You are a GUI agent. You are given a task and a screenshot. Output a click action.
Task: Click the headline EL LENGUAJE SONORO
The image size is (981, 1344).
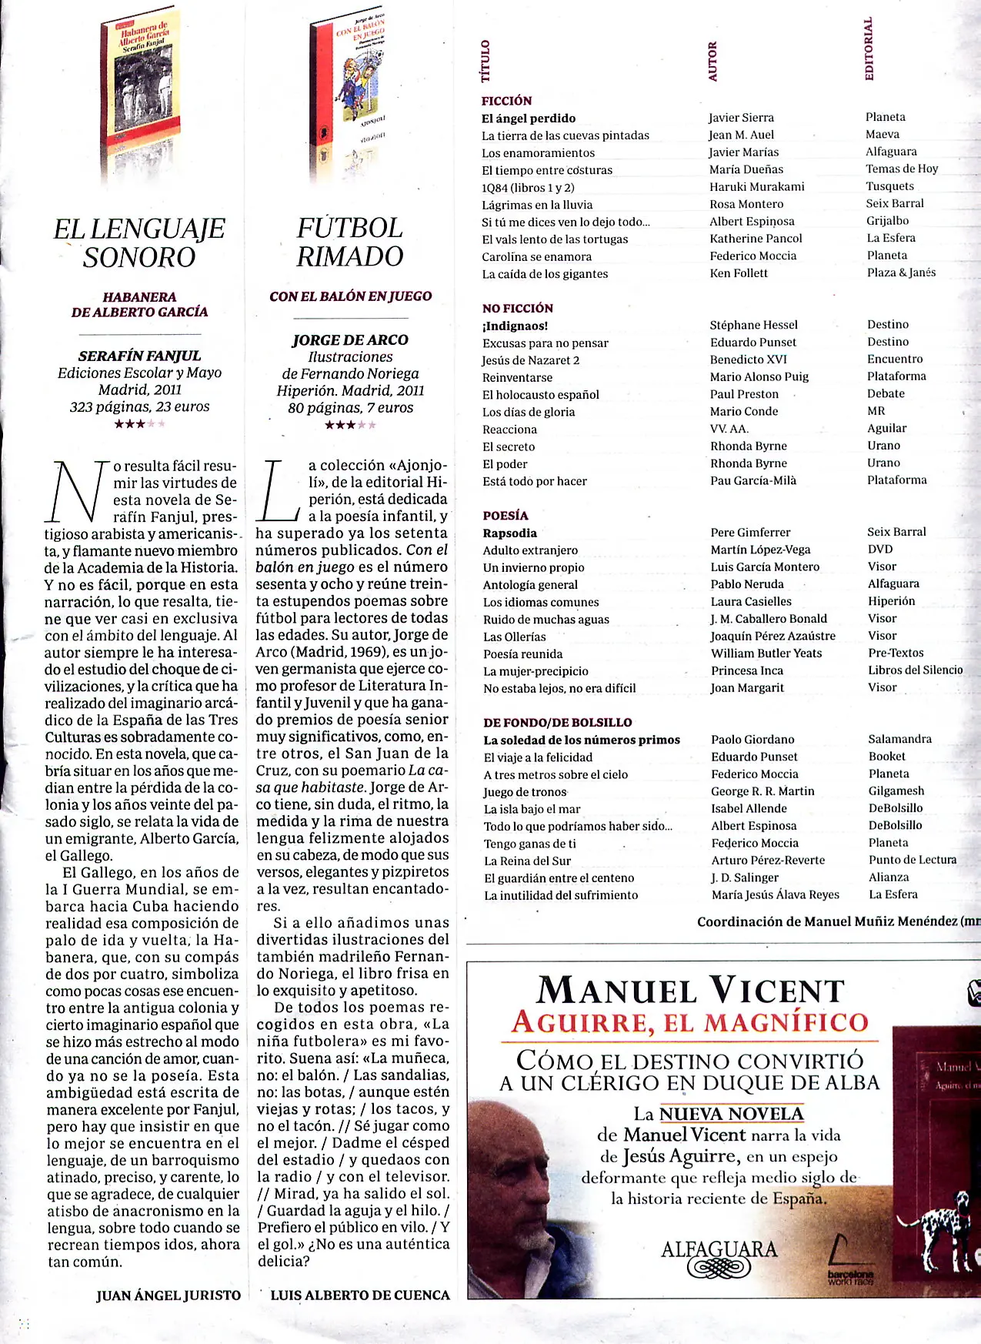tap(139, 242)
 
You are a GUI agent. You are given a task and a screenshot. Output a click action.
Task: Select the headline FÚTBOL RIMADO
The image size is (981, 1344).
tap(350, 242)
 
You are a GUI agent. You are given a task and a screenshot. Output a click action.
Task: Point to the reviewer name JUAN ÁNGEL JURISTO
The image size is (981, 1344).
tap(169, 1296)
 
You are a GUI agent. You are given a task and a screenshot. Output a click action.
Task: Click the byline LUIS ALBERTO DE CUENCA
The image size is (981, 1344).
tap(360, 1296)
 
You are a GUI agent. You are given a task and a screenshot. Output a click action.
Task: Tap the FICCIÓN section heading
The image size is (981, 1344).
tap(506, 101)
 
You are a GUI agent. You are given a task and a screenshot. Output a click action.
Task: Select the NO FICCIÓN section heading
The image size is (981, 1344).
tap(518, 308)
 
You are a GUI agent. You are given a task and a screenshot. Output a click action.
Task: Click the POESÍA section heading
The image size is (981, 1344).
tap(506, 515)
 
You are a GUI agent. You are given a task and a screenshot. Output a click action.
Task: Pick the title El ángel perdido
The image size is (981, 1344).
tap(529, 119)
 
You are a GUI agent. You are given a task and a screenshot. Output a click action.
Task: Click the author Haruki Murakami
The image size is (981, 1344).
tap(757, 186)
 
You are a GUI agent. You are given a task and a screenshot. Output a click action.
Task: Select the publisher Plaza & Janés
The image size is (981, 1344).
tap(901, 272)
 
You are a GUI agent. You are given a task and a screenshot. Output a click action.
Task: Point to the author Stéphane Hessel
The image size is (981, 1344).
tap(754, 325)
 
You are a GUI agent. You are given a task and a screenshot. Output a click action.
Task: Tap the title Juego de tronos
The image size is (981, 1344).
tap(525, 792)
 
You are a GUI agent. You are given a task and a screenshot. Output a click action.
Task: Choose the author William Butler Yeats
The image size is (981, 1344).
tap(766, 653)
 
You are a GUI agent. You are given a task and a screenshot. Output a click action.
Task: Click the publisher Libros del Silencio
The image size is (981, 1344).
tap(916, 670)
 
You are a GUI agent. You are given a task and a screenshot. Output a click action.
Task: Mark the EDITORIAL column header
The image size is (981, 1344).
tap(869, 48)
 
